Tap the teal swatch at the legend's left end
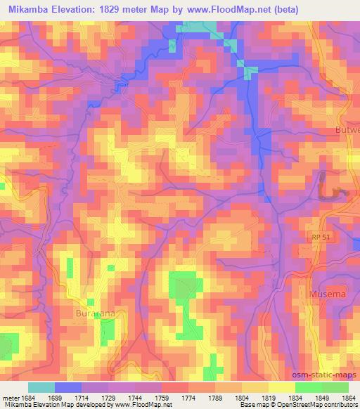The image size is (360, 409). (x=41, y=388)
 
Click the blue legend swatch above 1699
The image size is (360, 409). (x=68, y=388)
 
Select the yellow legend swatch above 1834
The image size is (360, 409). (x=281, y=388)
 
